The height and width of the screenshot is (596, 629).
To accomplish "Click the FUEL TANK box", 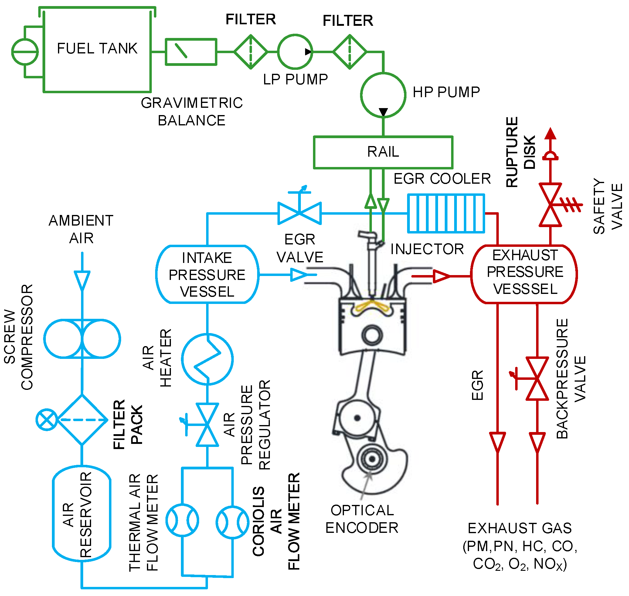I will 97,51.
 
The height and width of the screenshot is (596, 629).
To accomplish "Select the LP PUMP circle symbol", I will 295,52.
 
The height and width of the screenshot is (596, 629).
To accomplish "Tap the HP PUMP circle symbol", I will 383,95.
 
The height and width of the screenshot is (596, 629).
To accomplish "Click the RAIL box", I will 383,152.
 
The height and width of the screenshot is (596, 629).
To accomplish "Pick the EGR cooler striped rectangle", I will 446,213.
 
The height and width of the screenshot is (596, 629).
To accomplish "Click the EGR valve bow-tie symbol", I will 300,213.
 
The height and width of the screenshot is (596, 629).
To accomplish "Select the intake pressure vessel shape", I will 207,274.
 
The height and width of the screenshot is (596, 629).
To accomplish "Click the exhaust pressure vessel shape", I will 524,274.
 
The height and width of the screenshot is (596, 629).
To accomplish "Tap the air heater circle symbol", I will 207,359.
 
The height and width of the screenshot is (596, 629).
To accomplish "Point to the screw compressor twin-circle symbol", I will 82,339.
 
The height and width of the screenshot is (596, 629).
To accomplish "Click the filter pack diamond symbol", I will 82,420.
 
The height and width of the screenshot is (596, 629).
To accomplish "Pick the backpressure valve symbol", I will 537,378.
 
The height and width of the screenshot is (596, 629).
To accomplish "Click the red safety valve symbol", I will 550,205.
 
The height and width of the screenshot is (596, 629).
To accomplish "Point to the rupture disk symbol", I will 550,156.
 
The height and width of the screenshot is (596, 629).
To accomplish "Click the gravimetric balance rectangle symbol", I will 191,52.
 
